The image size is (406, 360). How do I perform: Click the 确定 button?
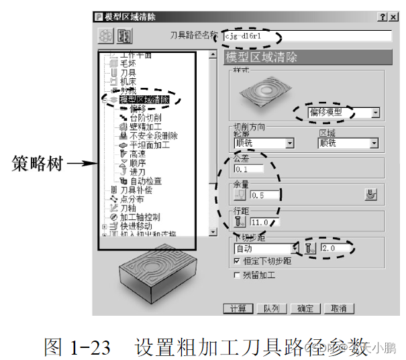[x=305, y=308]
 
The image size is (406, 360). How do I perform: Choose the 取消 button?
[x=339, y=308]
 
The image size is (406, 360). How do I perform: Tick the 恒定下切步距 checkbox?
[x=236, y=260]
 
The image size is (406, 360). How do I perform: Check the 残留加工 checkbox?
[x=236, y=275]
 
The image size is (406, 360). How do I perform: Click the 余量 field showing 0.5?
[x=266, y=195]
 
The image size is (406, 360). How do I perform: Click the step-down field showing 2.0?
[x=336, y=248]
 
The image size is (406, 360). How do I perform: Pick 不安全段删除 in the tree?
[x=153, y=135]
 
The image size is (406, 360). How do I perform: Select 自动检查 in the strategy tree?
[x=146, y=181]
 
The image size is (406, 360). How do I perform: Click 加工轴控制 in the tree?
[x=140, y=217]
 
